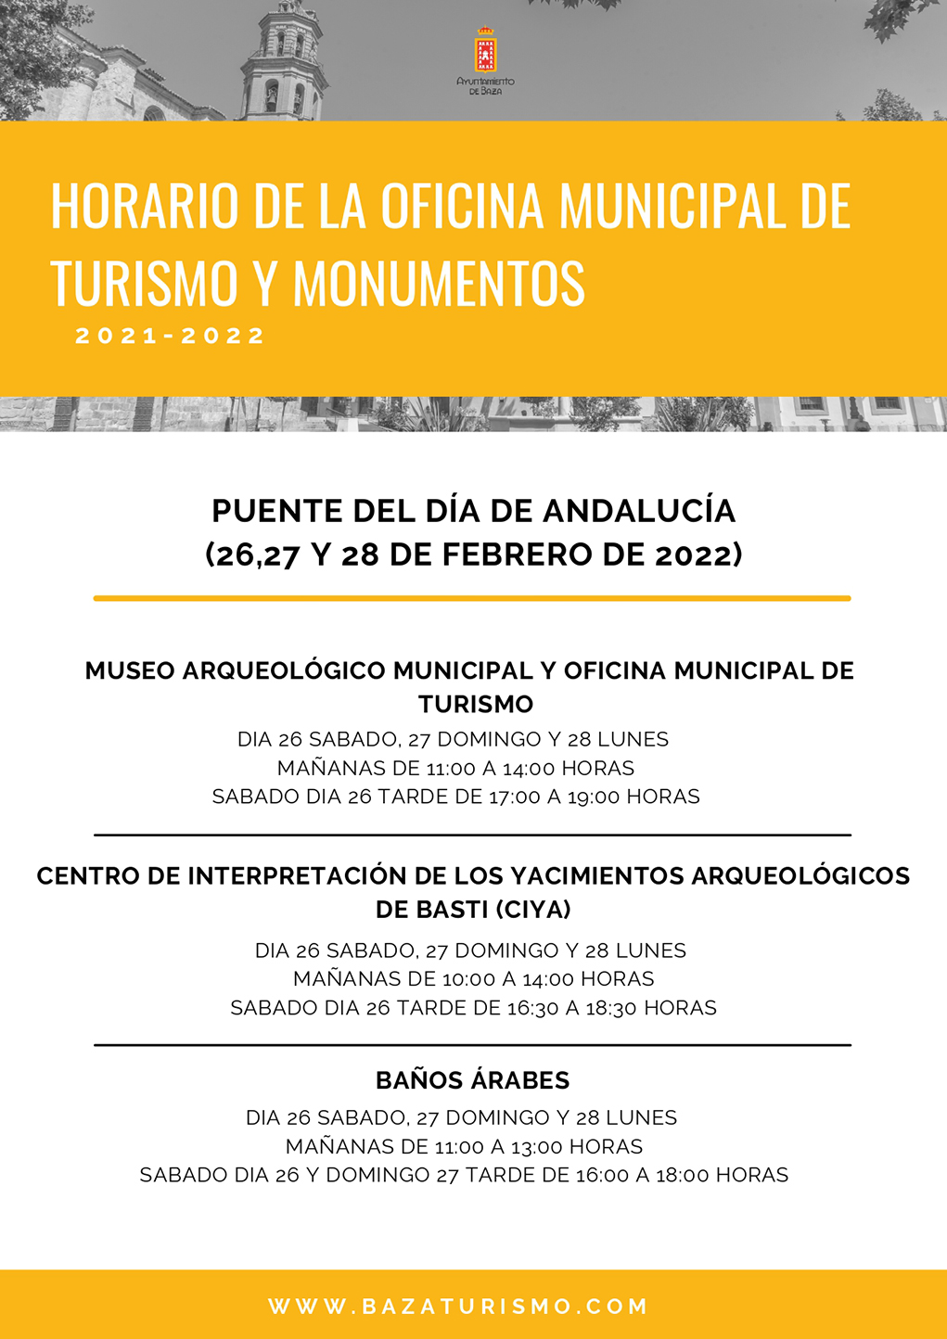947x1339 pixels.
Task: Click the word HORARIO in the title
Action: [x=145, y=205]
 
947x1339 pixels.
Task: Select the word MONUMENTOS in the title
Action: [x=439, y=283]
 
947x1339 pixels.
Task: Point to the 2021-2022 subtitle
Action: [x=171, y=336]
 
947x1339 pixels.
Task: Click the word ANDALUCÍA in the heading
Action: [x=639, y=511]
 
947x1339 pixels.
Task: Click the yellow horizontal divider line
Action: [x=472, y=598]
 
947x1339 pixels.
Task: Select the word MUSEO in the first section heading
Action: [x=130, y=670]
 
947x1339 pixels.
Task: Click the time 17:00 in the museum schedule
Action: [x=514, y=797]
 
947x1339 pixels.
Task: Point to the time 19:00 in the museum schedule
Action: [x=594, y=797]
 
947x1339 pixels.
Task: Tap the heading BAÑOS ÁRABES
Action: [x=473, y=1080]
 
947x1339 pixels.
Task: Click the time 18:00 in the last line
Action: [x=683, y=1176]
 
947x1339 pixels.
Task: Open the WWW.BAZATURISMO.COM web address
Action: [x=458, y=1307]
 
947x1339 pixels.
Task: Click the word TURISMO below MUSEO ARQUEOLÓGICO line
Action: [x=476, y=704]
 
